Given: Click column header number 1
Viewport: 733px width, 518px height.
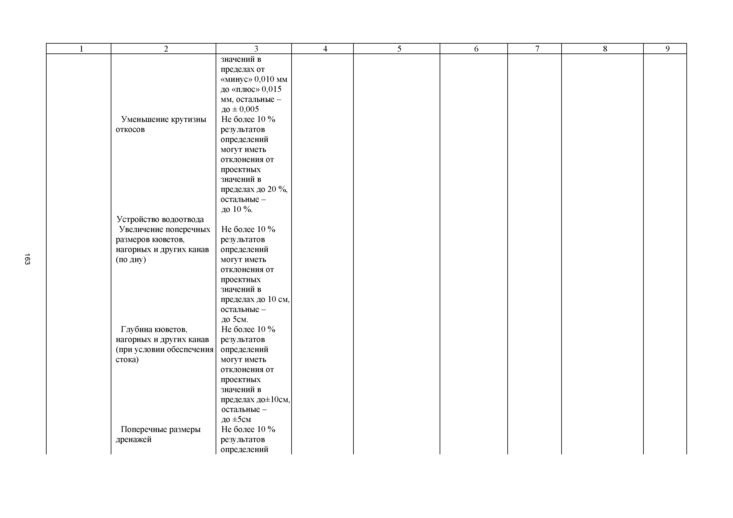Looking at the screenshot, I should click(x=81, y=49).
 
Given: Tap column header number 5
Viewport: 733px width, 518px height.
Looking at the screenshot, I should click(x=399, y=49).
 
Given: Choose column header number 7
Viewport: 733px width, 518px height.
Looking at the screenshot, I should click(x=537, y=49).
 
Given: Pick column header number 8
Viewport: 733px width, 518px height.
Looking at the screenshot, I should click(x=605, y=49).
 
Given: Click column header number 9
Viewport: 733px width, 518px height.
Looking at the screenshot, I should click(x=667, y=49).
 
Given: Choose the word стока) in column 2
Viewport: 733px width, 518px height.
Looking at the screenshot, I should click(x=127, y=360).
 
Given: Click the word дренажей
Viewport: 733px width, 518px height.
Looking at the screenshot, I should click(x=134, y=439).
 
